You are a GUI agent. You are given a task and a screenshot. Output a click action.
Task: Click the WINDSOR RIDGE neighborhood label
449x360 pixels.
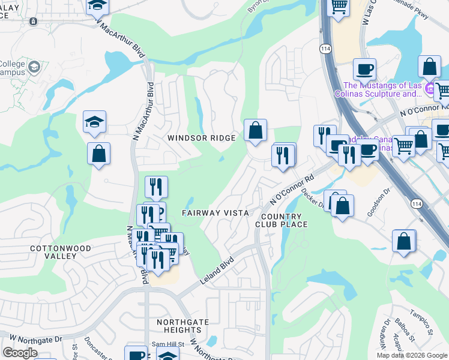coord(201,138)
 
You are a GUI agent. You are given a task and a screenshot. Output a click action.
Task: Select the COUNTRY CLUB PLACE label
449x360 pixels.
coord(285,220)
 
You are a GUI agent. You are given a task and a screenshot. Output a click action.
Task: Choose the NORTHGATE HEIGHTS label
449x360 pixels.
coord(182,326)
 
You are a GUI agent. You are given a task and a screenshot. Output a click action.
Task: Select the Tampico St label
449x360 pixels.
coord(421,322)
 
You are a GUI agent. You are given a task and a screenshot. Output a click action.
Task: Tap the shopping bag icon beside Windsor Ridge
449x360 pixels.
coord(255,130)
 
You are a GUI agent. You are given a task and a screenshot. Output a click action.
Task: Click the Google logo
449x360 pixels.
coord(20,353)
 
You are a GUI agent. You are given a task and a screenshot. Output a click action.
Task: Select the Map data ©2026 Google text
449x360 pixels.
coord(411,355)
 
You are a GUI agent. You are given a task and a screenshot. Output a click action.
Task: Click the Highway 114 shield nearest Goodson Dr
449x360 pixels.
coord(416,205)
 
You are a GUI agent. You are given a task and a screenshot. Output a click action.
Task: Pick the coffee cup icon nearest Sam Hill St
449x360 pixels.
coord(136,354)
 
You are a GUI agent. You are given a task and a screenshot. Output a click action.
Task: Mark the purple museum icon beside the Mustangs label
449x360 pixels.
coord(429,89)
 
